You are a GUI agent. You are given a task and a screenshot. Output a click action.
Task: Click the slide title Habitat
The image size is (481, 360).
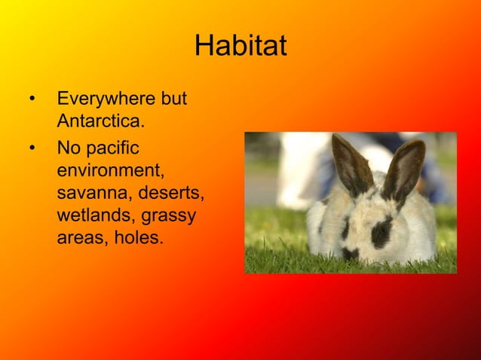coord(240,47)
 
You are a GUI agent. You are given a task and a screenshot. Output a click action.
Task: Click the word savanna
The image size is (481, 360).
coord(90,193)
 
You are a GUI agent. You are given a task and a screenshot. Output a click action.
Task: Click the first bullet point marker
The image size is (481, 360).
coord(32,99)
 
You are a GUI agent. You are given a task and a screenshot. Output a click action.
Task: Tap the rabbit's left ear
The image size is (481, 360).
coord(351,163)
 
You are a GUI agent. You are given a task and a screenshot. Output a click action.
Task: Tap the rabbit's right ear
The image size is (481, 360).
coord(405,170)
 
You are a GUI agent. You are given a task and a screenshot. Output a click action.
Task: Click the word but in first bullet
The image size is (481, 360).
coord(173,99)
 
